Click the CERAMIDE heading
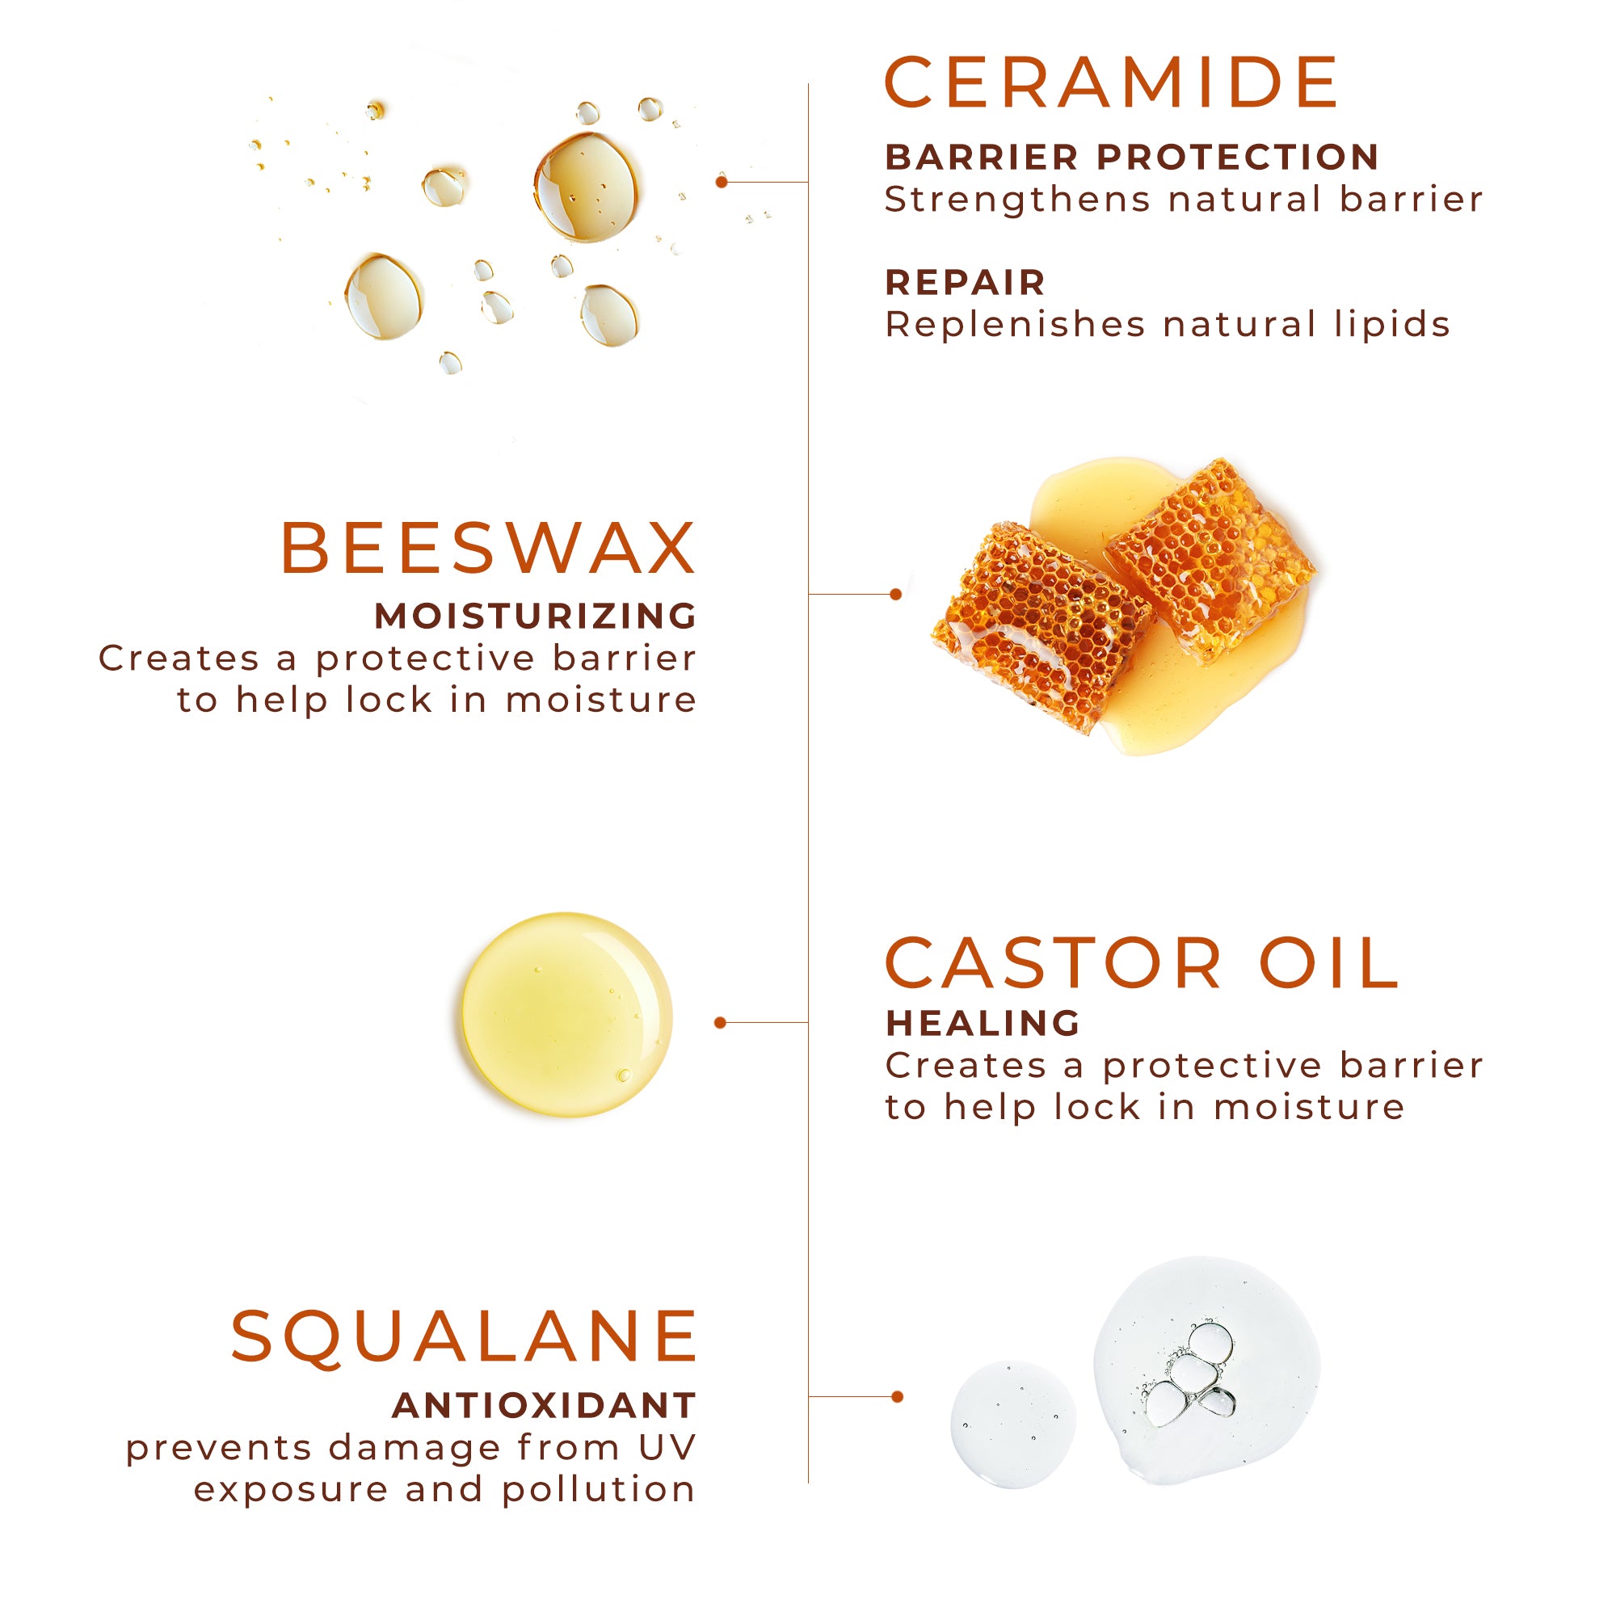click(1112, 82)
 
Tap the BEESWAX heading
click(488, 548)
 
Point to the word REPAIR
click(966, 283)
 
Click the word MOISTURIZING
click(536, 616)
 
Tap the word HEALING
click(983, 1023)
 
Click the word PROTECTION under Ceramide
click(1238, 157)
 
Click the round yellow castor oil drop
click(567, 1015)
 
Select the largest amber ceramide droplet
click(587, 187)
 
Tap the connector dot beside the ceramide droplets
click(722, 182)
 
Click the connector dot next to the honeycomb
click(896, 594)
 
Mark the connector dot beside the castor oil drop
click(720, 1022)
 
